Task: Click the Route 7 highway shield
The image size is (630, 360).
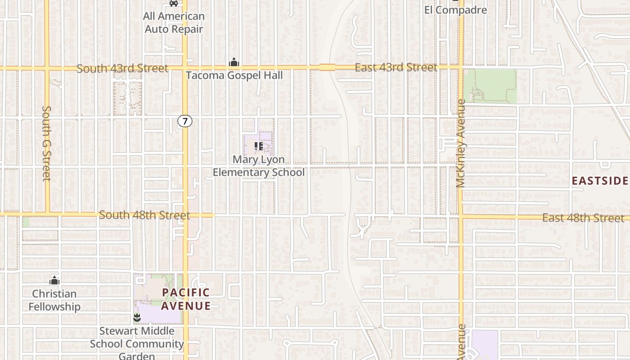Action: [x=184, y=121]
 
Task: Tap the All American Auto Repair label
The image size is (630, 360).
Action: [x=174, y=22]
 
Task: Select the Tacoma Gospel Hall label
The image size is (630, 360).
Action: [x=234, y=75]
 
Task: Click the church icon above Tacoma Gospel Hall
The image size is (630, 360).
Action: [x=234, y=62]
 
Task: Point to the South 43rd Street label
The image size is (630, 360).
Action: [x=122, y=68]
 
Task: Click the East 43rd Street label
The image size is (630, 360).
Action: [x=396, y=67]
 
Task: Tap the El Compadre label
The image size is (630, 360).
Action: [x=455, y=10]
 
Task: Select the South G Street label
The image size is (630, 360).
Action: [x=47, y=143]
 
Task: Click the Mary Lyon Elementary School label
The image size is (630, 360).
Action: [x=259, y=166]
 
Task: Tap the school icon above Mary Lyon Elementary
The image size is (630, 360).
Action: [x=258, y=146]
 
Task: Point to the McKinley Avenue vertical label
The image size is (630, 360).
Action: [x=460, y=143]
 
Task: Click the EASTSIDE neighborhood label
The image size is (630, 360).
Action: [x=599, y=181]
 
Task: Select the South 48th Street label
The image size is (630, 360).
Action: [x=144, y=215]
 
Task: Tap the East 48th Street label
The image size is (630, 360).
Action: [x=583, y=218]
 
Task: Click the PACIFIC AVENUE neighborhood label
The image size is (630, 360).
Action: [x=186, y=299]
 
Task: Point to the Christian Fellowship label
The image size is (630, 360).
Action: [x=54, y=300]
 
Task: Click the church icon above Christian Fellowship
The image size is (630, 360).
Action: [x=54, y=281]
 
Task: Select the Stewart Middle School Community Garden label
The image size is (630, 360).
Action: [x=137, y=343]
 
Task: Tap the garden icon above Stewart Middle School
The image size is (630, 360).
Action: [x=137, y=318]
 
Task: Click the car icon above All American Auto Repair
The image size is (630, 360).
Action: [x=173, y=3]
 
